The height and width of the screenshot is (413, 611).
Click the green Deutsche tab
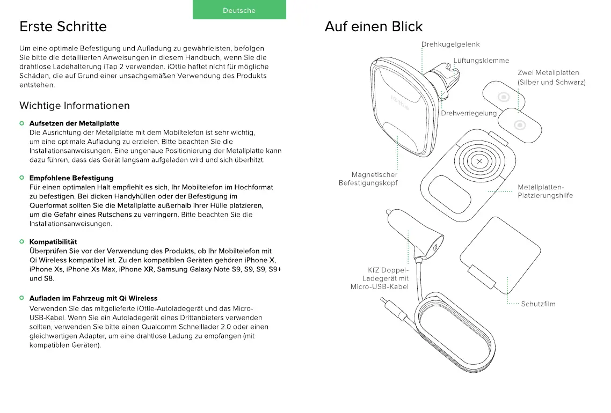coord(239,10)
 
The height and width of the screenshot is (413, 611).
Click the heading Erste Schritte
coord(63,26)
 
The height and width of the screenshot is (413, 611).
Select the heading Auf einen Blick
coord(374,26)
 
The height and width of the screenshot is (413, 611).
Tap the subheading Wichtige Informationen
coord(75,105)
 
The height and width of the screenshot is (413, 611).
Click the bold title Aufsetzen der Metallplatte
coord(74,123)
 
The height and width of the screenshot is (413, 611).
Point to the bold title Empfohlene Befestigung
coord(71,178)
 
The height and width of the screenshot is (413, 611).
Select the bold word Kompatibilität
coord(53,242)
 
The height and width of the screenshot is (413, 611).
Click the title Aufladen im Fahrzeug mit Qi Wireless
coord(93,298)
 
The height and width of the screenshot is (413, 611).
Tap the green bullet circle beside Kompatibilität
coord(22,242)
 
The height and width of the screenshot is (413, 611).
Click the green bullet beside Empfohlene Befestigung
coord(22,178)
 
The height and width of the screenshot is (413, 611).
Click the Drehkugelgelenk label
coord(450,45)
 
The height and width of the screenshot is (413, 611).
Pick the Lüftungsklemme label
coord(481,61)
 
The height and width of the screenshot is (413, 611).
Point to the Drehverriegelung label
coord(469,113)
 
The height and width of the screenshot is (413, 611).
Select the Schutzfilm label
coord(538,304)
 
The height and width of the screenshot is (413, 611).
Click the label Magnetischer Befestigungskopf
coord(368,179)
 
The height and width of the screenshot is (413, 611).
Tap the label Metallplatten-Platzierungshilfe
coord(545,191)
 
